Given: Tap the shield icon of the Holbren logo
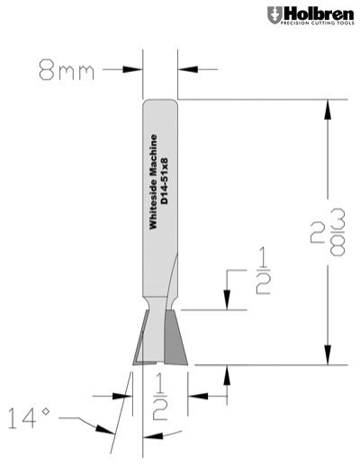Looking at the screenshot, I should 273,16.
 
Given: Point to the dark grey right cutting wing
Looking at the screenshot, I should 175,340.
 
